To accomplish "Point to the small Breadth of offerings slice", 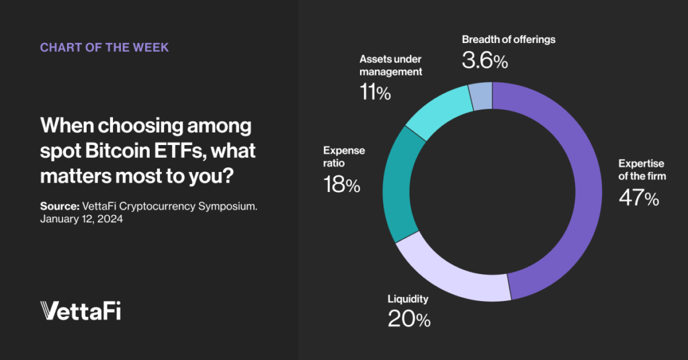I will coord(481,96).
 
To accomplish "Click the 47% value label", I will coord(638,199).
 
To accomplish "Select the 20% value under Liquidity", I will coord(408,319).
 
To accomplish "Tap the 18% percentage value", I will coord(341,185).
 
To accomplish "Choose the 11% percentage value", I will coord(375,93).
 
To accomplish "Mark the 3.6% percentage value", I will coord(484,61).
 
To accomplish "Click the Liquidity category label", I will coord(408,299).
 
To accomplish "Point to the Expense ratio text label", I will coord(344,156).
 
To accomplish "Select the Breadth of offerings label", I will coord(509,39).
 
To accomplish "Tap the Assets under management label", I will coord(390,65).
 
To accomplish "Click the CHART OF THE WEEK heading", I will coord(104,48).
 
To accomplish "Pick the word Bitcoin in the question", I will coord(112,150).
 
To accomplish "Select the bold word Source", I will coord(60,206).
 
